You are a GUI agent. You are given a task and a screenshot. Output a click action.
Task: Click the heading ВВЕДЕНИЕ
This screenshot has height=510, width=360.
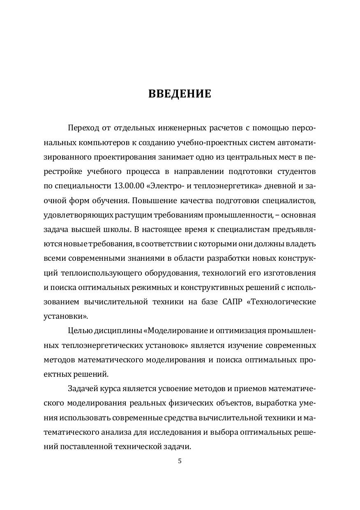tap(180, 94)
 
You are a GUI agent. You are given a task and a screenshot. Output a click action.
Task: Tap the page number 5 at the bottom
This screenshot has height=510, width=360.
tap(180, 461)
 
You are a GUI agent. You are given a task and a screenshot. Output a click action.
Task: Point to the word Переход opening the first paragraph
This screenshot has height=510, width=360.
tap(84, 128)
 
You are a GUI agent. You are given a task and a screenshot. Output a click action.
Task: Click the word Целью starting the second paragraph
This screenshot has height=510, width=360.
tap(79, 331)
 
